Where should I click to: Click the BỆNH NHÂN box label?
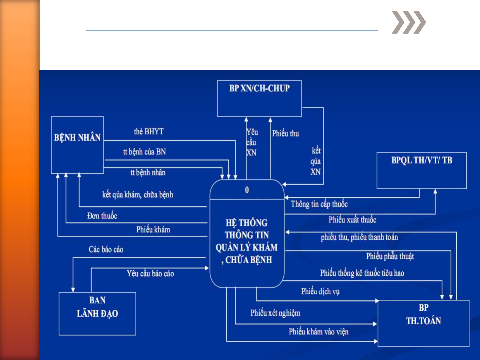point(77,138)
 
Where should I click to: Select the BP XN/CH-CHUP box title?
point(259,89)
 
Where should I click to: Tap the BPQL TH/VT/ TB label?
point(422,161)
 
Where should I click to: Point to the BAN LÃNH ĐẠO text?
point(97,307)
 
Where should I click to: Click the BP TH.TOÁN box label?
point(423,314)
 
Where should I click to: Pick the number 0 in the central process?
point(247,190)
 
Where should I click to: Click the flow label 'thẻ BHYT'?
point(149,132)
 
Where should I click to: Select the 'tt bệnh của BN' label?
point(144,152)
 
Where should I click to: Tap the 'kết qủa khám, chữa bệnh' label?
point(138,194)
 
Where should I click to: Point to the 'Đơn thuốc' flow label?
point(102,216)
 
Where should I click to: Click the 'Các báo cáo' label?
point(106,249)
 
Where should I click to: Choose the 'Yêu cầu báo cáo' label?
point(150,274)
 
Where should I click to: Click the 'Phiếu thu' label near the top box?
point(285,134)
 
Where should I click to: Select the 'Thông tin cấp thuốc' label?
point(319,204)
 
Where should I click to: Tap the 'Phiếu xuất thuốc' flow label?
point(352,220)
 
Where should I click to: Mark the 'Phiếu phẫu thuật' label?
point(390,256)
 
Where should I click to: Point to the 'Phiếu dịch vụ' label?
point(320,291)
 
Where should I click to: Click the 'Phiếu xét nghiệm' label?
point(275,313)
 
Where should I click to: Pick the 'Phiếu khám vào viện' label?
point(318,332)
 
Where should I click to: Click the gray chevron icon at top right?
point(408,22)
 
